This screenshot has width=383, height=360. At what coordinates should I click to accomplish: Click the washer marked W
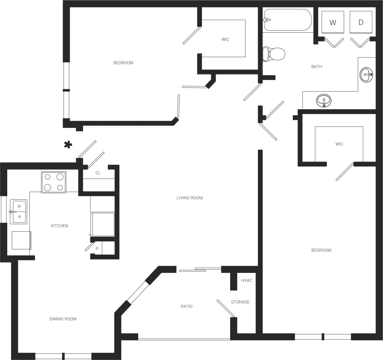[333, 22]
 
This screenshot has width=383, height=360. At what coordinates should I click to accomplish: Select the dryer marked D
[361, 22]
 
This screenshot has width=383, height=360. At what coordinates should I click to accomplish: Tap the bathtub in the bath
[288, 20]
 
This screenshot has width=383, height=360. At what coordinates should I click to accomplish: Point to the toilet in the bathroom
[274, 54]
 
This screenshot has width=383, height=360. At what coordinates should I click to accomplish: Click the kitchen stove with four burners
[54, 182]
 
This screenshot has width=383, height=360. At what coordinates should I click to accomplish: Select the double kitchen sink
[19, 211]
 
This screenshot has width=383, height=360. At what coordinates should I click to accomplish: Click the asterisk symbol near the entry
[68, 145]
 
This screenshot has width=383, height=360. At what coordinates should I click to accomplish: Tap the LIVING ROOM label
[190, 198]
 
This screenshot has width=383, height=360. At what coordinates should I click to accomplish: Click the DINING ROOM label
[63, 319]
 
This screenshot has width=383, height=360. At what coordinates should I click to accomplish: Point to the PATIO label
[187, 306]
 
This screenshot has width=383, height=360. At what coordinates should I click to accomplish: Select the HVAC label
[246, 280]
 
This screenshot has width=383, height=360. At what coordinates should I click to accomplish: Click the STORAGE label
[240, 302]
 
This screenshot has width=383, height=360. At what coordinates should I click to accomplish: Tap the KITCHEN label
[59, 226]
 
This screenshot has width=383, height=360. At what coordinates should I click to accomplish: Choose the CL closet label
[98, 173]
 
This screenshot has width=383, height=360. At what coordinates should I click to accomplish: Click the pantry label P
[97, 249]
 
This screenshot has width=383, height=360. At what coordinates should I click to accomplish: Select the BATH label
[317, 67]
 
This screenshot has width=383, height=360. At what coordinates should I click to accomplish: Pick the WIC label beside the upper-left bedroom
[225, 39]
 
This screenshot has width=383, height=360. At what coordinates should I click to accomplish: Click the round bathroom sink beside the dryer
[366, 75]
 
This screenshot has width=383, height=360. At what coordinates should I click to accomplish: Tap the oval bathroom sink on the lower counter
[324, 101]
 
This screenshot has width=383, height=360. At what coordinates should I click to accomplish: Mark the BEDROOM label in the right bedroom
[321, 250]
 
